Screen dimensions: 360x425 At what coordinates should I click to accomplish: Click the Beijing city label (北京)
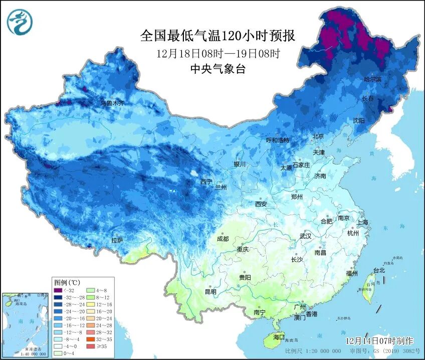pyautogui.click(x=318, y=136)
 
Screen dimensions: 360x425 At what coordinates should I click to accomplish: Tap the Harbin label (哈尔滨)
pyautogui.click(x=372, y=80)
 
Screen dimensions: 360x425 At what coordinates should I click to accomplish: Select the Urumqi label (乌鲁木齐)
pyautogui.click(x=112, y=103)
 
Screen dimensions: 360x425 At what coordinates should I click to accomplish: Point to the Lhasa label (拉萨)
pyautogui.click(x=117, y=241)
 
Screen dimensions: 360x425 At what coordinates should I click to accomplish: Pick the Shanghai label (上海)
pyautogui.click(x=362, y=222)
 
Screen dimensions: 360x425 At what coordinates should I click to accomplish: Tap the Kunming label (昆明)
pyautogui.click(x=210, y=292)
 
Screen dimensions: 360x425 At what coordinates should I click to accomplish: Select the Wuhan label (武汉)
pyautogui.click(x=305, y=236)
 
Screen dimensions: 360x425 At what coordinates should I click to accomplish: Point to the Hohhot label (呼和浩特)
pyautogui.click(x=277, y=140)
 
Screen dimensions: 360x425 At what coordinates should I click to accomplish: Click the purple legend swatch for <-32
pyautogui.click(x=59, y=289)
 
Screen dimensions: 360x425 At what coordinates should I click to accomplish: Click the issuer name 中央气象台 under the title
pyautogui.click(x=218, y=70)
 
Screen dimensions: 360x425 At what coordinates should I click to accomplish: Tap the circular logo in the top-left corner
pyautogui.click(x=20, y=23)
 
